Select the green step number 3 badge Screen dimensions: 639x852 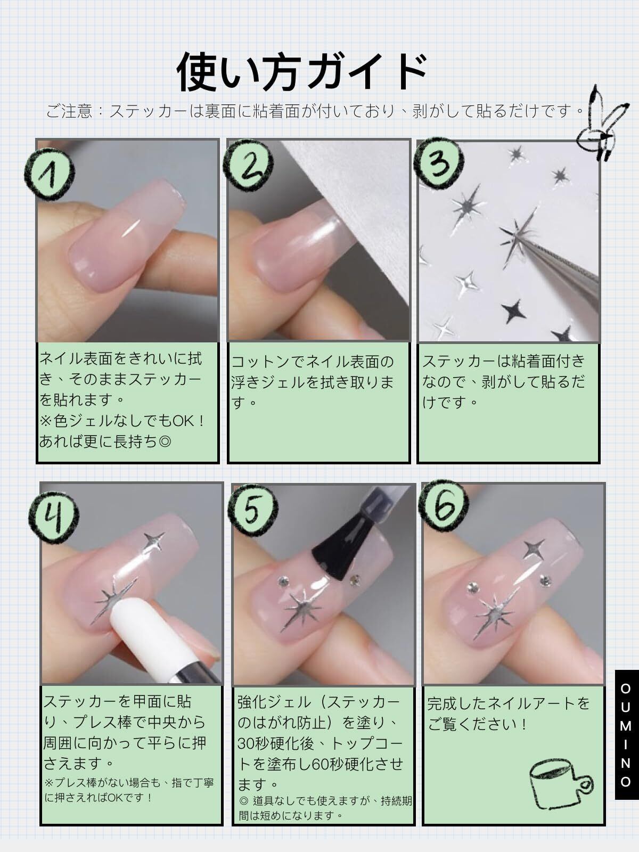pos(439,162)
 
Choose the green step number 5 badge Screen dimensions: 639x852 pos(252,510)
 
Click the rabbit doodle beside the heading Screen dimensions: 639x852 pos(601,123)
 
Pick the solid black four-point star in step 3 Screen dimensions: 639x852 pos(515,309)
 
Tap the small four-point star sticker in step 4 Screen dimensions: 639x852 pos(154,540)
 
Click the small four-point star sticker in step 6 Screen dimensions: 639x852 pos(534,549)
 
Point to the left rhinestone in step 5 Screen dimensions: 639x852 pos(282,581)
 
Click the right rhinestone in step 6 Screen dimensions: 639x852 pos(545,580)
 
